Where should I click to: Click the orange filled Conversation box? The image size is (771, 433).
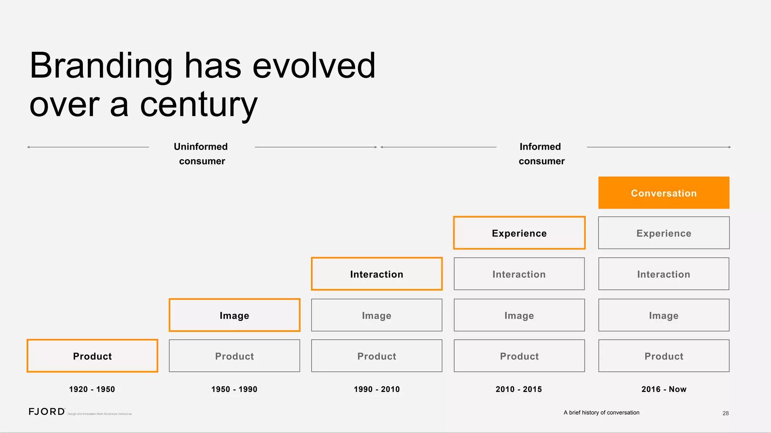pos(664,193)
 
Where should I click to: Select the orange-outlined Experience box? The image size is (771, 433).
pos(519,233)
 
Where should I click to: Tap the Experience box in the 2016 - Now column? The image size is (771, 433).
pos(664,233)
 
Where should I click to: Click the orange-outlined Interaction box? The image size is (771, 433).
pos(376,274)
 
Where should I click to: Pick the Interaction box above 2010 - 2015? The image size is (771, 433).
pos(519,274)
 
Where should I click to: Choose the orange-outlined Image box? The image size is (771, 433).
pos(234,315)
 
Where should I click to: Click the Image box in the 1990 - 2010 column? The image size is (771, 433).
pos(376,315)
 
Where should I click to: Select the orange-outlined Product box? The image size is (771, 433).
pos(92,356)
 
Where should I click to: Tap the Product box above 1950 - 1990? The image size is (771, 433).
pos(234,356)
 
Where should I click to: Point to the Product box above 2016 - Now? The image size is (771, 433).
pos(664,356)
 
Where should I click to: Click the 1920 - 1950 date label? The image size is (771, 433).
pos(92,389)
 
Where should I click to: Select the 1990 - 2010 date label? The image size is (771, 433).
pos(376,389)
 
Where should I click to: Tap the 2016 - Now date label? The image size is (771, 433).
pos(664,389)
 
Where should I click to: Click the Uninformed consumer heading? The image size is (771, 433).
pos(201,154)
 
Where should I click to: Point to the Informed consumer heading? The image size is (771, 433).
pos(541,154)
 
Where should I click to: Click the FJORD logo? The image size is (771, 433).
pos(47,412)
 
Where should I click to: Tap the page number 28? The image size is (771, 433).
pos(725,413)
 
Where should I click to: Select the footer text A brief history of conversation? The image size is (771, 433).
pos(601,412)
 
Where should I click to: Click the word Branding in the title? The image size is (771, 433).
pos(101,66)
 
